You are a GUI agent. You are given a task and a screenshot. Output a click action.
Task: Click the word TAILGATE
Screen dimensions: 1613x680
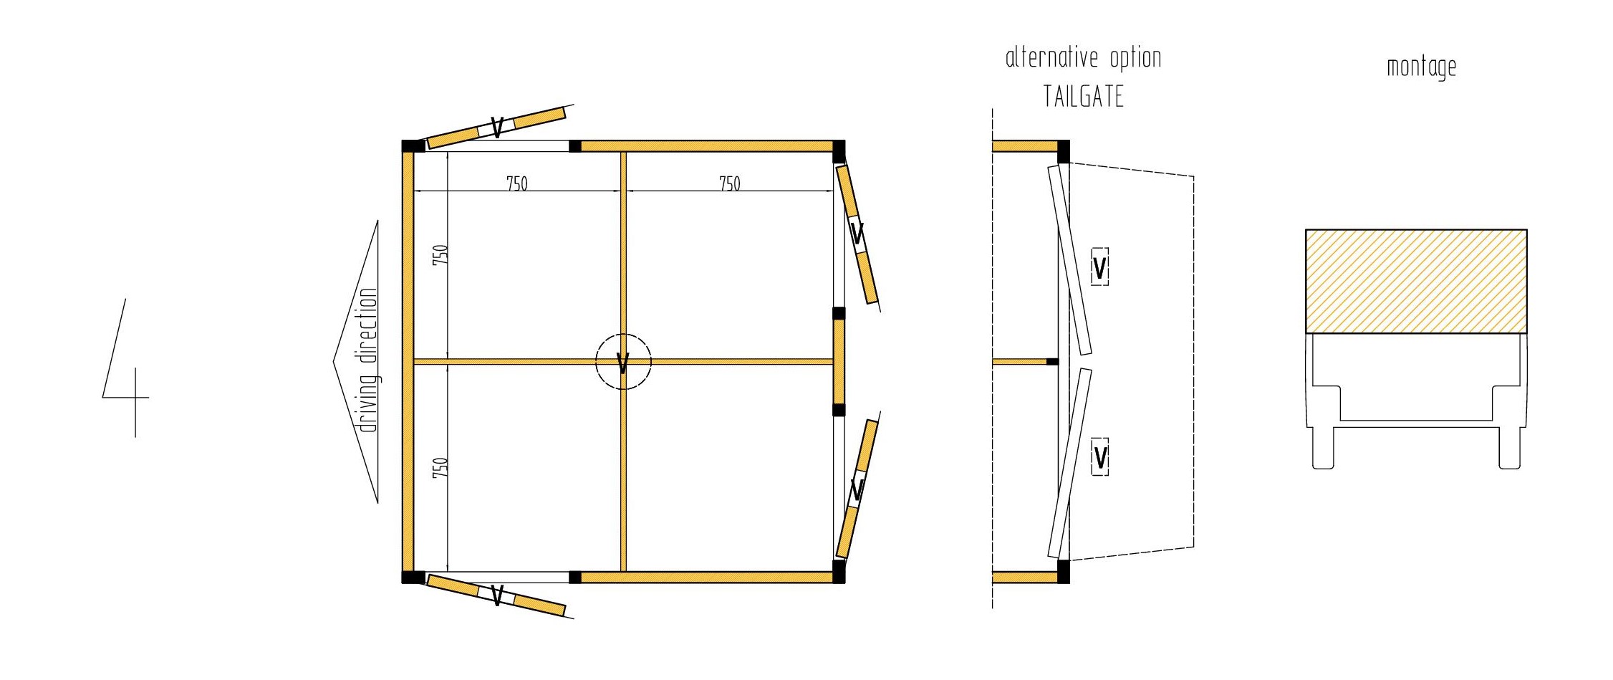(x=1083, y=96)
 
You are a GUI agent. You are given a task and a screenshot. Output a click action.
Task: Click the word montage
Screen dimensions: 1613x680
(x=1421, y=67)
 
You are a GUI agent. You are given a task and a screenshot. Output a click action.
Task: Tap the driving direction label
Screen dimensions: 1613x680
(x=368, y=360)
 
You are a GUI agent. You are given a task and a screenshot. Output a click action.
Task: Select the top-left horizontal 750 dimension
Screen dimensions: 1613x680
(x=516, y=183)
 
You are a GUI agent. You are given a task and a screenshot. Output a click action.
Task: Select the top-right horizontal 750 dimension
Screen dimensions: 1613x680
(x=729, y=183)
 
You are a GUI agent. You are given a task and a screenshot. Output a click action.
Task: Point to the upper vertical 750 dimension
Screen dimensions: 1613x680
(x=440, y=255)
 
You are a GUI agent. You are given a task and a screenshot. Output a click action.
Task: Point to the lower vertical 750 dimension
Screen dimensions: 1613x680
(x=440, y=468)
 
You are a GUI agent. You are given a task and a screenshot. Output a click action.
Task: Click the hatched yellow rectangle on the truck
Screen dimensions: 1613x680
(x=1416, y=281)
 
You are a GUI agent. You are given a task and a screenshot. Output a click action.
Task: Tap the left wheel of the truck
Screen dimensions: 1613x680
(x=1323, y=449)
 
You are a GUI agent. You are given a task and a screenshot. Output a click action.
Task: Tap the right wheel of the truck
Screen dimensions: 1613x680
(x=1510, y=449)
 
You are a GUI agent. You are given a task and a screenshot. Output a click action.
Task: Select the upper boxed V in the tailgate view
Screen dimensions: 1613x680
(x=1099, y=267)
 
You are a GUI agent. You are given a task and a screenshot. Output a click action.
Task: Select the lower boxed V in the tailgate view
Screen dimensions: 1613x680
(x=1100, y=456)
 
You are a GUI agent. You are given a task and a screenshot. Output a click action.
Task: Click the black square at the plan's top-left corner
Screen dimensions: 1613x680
(x=413, y=146)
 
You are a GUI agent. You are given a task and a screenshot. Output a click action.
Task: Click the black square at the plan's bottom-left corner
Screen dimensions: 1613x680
(x=413, y=577)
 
